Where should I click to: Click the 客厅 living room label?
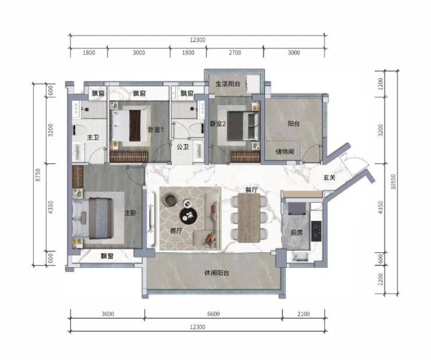[176, 231]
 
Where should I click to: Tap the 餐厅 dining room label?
[252, 189]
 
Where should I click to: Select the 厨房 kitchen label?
[296, 232]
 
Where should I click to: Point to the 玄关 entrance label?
[329, 178]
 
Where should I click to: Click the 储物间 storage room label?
[285, 151]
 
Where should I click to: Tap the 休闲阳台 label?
[217, 273]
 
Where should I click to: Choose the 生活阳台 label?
[228, 84]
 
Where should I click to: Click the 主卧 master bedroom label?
[130, 213]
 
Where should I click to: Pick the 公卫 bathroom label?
[183, 147]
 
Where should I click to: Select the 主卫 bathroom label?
[93, 137]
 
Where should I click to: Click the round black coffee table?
[189, 216]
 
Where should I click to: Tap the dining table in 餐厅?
[249, 218]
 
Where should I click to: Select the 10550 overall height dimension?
[393, 182]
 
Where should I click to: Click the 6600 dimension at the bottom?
[214, 314]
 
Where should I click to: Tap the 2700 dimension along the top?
[235, 52]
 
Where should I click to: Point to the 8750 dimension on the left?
[38, 175]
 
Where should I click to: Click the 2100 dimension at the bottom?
[303, 314]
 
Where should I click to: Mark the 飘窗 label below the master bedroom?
[107, 256]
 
